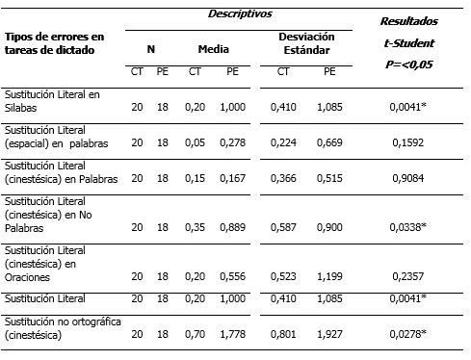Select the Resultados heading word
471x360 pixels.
pyautogui.click(x=409, y=20)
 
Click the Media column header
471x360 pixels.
pyautogui.click(x=214, y=47)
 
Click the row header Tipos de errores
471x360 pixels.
pyautogui.click(x=54, y=42)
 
